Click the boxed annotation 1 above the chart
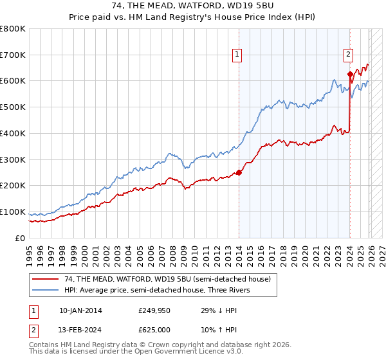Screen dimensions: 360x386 click(237, 55)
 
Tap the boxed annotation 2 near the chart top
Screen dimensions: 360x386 click(348, 55)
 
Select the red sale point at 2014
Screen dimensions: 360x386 click(239, 172)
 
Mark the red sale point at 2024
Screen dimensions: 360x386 click(350, 74)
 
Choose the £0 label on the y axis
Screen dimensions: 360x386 click(21, 238)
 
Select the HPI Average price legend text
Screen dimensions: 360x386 click(161, 290)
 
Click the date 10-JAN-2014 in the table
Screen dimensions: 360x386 click(80, 310)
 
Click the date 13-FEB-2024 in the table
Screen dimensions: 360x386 click(80, 330)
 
